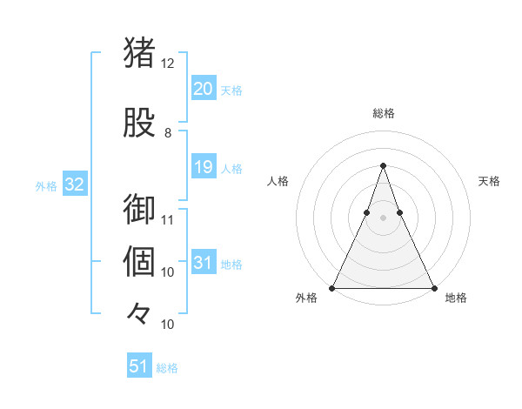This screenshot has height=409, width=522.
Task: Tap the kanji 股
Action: [x=139, y=123]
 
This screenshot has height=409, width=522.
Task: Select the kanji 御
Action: [x=139, y=210]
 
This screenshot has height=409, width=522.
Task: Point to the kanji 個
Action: [x=139, y=262]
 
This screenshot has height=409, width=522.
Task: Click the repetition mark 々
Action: [x=139, y=312]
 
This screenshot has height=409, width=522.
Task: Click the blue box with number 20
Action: [x=203, y=89]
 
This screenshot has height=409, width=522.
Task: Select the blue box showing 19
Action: [x=203, y=167]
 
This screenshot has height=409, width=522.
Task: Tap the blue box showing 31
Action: [x=203, y=263]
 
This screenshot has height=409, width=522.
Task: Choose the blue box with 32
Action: [x=74, y=184]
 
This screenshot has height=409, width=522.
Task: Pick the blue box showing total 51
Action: [x=138, y=366]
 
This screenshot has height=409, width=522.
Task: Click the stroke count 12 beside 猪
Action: [x=168, y=64]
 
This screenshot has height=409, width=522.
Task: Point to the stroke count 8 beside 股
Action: [x=168, y=133]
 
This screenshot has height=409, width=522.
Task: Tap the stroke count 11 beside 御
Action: [x=168, y=219]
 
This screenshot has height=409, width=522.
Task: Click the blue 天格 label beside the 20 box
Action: [x=231, y=91]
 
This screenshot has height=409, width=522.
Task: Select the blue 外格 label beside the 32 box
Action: [x=46, y=185]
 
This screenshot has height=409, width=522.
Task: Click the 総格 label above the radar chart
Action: [x=383, y=113]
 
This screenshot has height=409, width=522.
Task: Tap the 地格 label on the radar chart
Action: [x=456, y=298]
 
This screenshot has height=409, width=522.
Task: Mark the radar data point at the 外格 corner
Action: [x=332, y=287]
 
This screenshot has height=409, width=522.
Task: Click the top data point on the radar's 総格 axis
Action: [x=383, y=165]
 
